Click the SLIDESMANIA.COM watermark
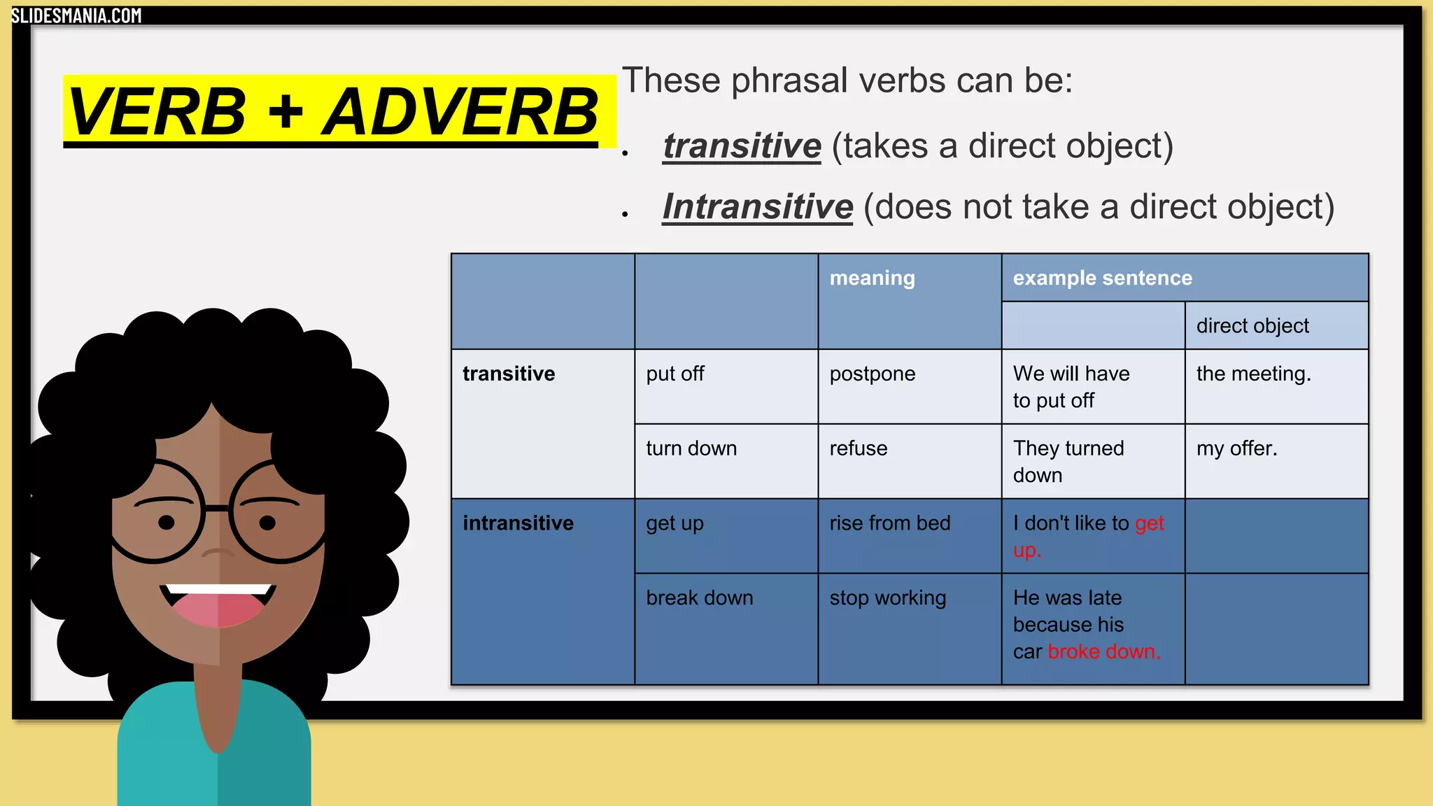pos(76,15)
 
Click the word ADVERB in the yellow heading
pos(460,113)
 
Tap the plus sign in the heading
pos(285,113)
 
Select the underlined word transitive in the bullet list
pos(742,146)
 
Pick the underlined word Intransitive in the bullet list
pos(758,207)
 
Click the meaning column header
pos(872,278)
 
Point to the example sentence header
pos(1102,278)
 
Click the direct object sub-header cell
pos(1252,326)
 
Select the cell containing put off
pos(675,374)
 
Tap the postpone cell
pos(872,374)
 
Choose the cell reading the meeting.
pos(1253,374)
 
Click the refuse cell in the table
pos(859,448)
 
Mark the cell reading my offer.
pos(1236,448)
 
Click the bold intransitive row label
pos(518,523)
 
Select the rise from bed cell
pos(889,523)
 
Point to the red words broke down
pos(1104,652)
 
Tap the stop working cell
pos(887,598)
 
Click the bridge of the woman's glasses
pos(217,508)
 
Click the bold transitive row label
pos(509,374)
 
